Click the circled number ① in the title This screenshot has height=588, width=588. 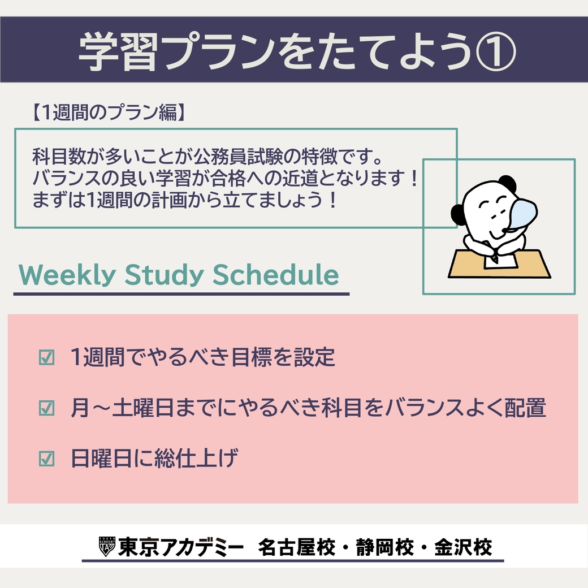point(495,51)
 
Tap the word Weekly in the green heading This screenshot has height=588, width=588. point(67,275)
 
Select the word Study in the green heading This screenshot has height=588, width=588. point(164,275)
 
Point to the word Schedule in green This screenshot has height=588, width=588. point(276,275)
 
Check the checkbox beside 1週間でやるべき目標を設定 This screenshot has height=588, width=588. point(46,357)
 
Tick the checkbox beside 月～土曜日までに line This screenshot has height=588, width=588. point(46,408)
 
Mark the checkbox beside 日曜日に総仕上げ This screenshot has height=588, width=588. point(46,459)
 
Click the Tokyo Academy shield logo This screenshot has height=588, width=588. point(106,547)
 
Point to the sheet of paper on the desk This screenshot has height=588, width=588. point(501,259)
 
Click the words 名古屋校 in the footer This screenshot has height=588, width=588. point(296,547)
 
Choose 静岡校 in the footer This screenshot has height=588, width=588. point(385,547)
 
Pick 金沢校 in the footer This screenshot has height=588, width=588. point(463,547)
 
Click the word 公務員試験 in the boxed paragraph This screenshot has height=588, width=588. point(238,157)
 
